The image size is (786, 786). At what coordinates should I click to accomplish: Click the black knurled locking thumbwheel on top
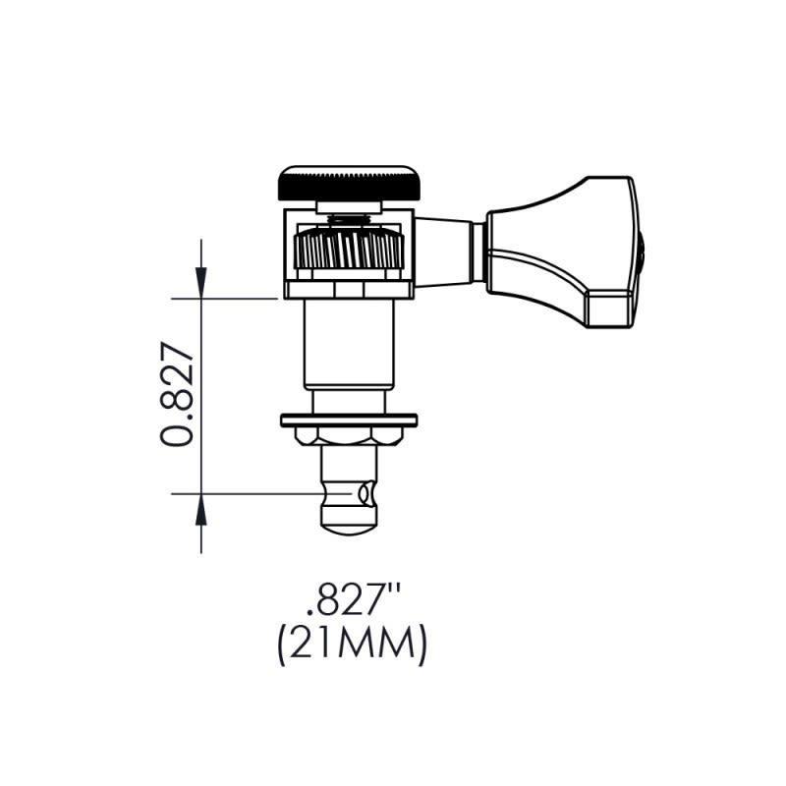point(349,183)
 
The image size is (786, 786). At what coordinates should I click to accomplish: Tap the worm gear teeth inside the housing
point(349,250)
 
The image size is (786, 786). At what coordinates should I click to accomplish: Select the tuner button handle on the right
point(560,252)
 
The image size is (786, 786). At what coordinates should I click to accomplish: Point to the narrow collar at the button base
point(478,253)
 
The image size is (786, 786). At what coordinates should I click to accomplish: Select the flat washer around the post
point(349,421)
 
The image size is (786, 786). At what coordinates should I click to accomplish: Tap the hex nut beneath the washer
point(349,435)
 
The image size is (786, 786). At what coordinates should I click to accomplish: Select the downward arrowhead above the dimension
point(201,285)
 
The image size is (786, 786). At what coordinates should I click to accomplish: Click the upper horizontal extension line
point(236,298)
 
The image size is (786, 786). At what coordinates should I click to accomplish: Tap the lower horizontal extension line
point(246,493)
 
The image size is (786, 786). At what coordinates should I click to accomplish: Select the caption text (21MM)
point(351,646)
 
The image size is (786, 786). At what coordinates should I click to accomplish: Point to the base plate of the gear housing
point(349,289)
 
